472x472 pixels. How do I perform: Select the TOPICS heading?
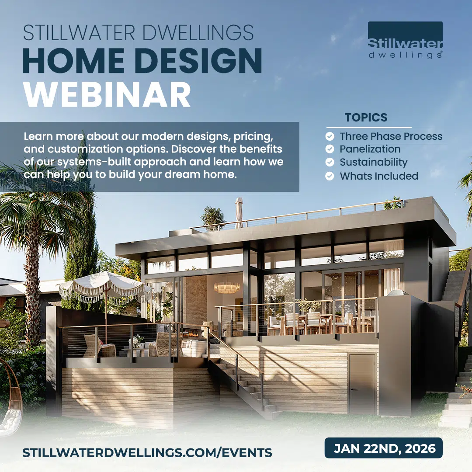[366, 118]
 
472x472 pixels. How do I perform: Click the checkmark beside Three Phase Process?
[330, 136]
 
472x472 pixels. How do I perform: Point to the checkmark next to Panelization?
[330, 149]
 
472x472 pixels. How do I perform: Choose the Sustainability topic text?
[374, 162]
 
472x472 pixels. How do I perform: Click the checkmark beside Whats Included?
[330, 176]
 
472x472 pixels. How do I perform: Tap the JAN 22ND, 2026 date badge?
[384, 448]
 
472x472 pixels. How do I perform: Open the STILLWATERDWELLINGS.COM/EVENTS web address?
[147, 452]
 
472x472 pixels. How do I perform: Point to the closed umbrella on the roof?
[239, 212]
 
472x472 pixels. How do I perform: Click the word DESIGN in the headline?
[198, 60]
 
